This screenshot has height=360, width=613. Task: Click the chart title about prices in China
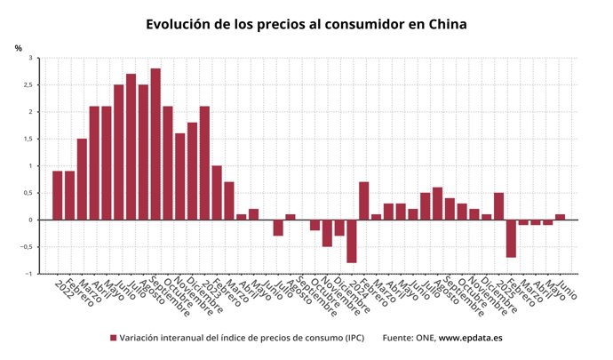(306, 24)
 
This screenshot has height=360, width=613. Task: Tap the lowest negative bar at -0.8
(352, 241)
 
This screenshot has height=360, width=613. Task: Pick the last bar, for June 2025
(560, 217)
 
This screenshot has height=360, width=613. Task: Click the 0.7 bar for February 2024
(364, 201)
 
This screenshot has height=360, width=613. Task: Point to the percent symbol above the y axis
(18, 47)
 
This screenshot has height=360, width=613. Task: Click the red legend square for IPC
(114, 338)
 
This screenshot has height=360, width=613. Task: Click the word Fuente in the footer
(401, 338)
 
